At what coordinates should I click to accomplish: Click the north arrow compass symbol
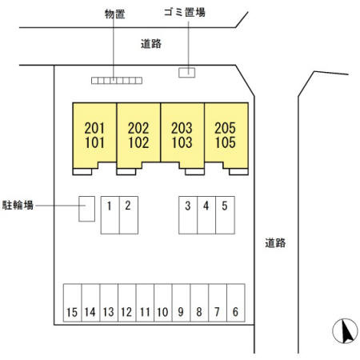(x=345, y=331)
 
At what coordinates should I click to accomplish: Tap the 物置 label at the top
(x=114, y=14)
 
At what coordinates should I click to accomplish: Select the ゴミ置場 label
(x=184, y=12)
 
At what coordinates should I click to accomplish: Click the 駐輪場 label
(x=18, y=205)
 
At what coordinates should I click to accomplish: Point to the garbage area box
(x=186, y=73)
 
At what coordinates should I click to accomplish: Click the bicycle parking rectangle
(x=86, y=209)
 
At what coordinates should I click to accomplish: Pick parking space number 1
(x=110, y=215)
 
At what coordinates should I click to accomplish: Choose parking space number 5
(x=225, y=215)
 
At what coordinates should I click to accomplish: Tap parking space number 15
(x=72, y=302)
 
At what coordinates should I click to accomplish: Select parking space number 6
(x=236, y=302)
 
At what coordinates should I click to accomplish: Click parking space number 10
(x=163, y=302)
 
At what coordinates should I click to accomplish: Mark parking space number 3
(x=188, y=215)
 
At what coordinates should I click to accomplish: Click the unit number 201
(x=94, y=128)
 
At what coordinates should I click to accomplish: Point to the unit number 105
(x=226, y=142)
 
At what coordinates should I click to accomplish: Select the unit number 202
(x=138, y=128)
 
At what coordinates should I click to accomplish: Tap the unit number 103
(x=182, y=142)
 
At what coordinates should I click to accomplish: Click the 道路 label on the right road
(x=275, y=243)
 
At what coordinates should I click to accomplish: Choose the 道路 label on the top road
(x=151, y=43)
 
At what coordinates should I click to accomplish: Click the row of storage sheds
(x=117, y=80)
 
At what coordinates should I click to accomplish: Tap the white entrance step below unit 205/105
(x=238, y=172)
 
